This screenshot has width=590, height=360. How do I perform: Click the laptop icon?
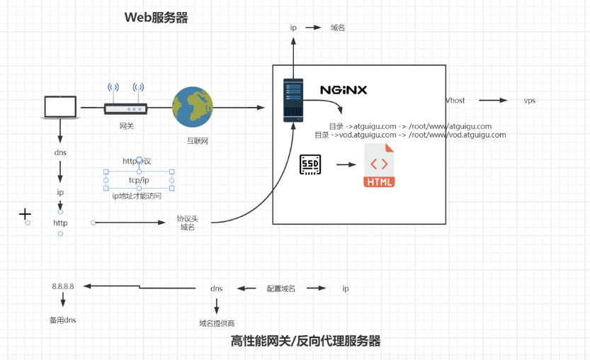[x=59, y=108]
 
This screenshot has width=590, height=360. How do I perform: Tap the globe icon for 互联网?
[x=193, y=107]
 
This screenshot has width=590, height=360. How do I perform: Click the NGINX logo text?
[x=344, y=90]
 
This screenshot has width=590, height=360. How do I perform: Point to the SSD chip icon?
[x=310, y=164]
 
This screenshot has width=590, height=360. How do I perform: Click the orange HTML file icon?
[x=379, y=165]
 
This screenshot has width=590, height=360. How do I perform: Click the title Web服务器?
[x=157, y=18]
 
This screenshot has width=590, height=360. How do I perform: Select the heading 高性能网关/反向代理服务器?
[x=305, y=341]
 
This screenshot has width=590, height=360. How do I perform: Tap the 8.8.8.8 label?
[x=63, y=286]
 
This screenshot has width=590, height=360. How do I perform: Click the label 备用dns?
[x=62, y=320]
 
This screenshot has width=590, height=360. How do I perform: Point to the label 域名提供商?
[x=217, y=323]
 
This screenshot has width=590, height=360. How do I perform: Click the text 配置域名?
[x=280, y=289]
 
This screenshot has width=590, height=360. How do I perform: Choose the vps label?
[x=529, y=101]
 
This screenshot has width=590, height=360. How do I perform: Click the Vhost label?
[x=455, y=101]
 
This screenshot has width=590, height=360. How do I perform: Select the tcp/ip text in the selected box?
[x=139, y=180]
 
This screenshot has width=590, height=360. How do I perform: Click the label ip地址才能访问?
[x=137, y=196]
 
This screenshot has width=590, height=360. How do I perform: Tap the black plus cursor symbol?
[x=25, y=213]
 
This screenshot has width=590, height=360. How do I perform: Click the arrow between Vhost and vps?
[x=494, y=101]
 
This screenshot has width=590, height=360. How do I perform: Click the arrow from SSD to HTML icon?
[x=346, y=165]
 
